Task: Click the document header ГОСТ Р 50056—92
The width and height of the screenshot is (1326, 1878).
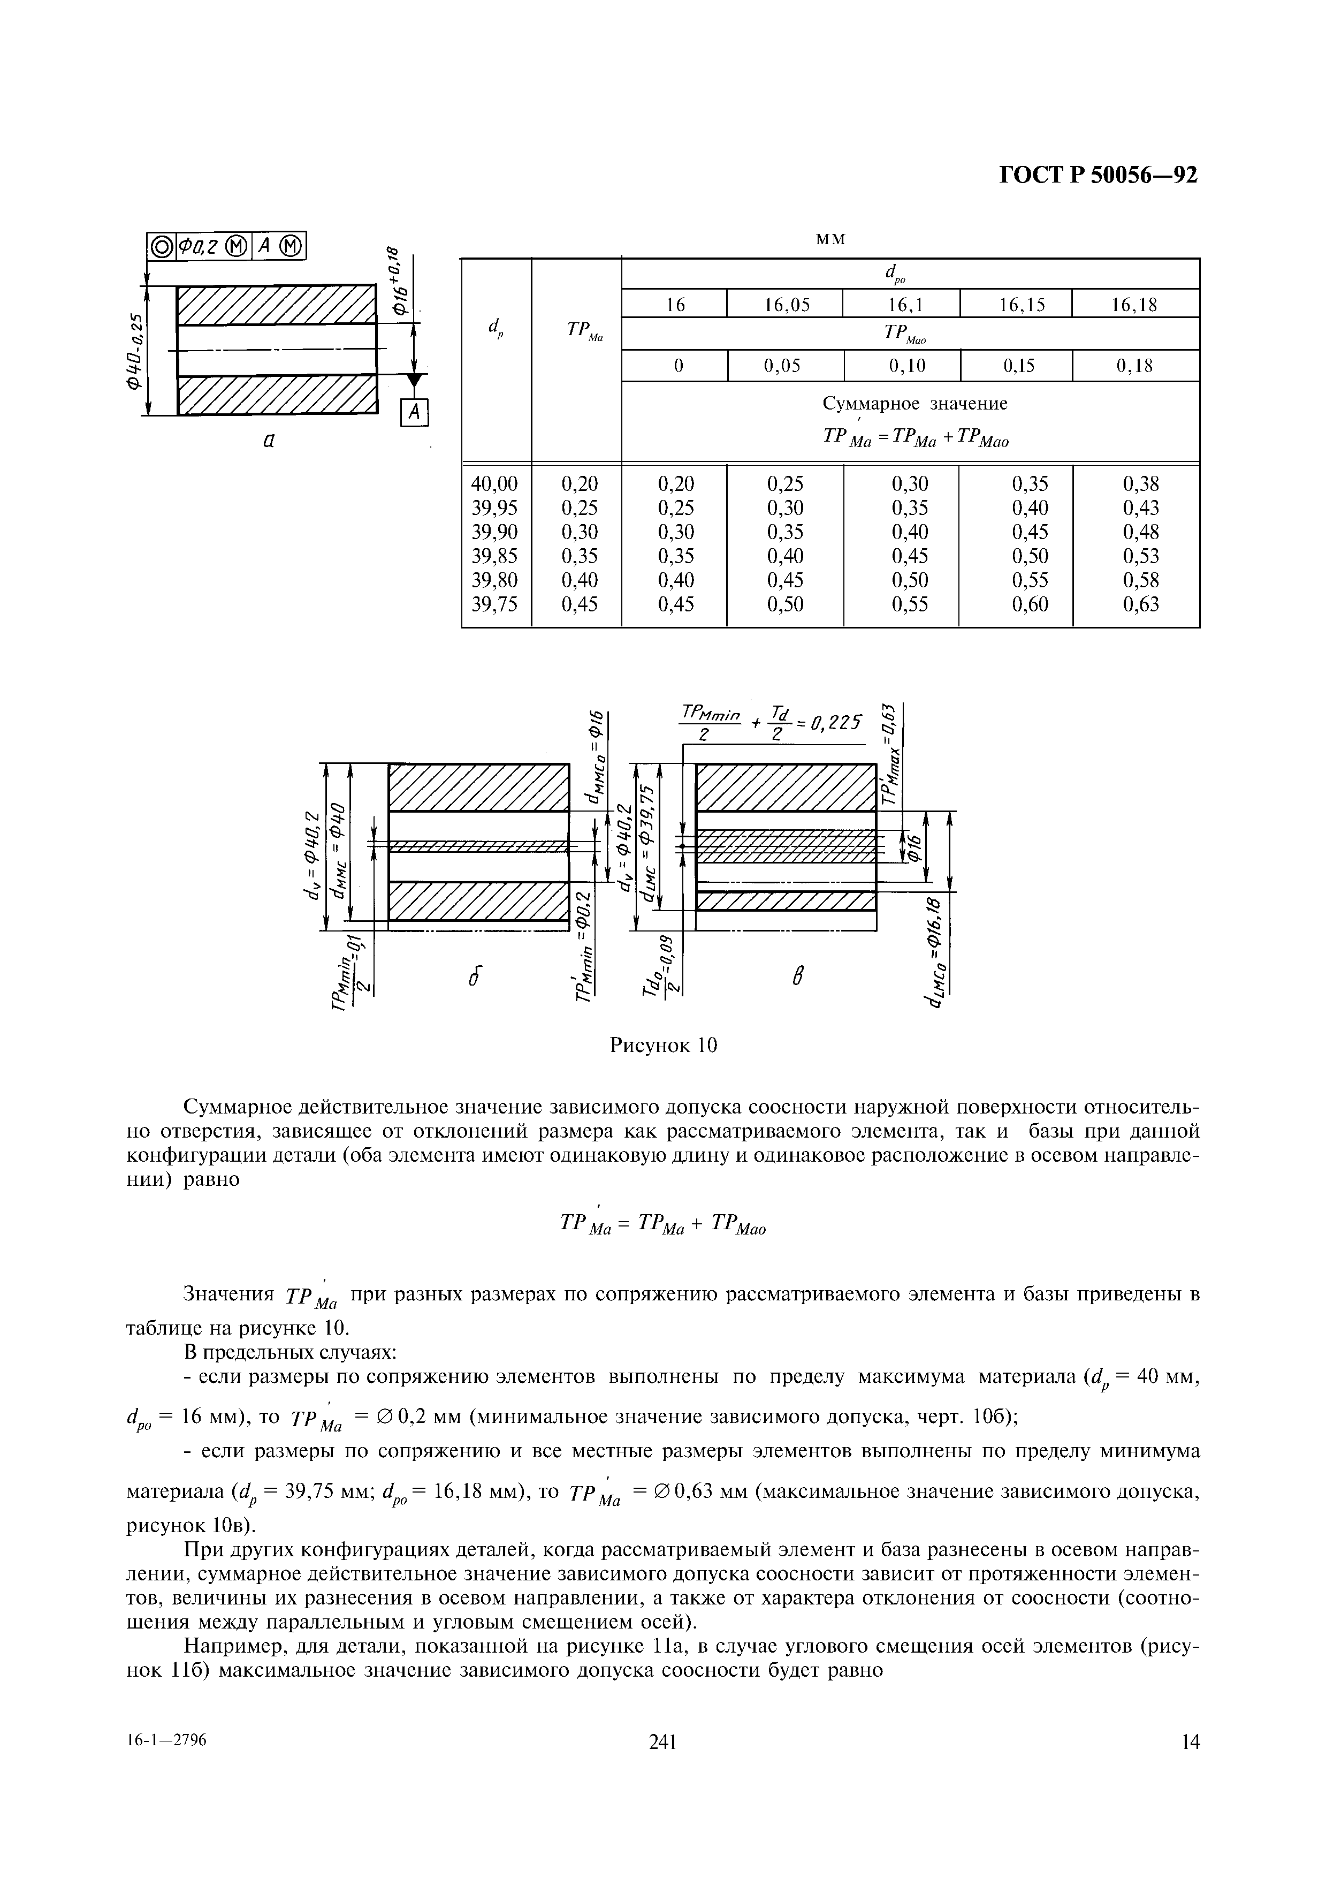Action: pyautogui.click(x=1098, y=176)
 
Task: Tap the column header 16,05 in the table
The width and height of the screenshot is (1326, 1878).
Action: pyautogui.click(x=787, y=305)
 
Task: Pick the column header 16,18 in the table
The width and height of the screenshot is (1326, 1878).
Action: pyautogui.click(x=1136, y=305)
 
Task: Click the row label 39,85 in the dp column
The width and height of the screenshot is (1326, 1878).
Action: pyautogui.click(x=496, y=556)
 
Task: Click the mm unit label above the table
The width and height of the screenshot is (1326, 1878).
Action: pyautogui.click(x=830, y=239)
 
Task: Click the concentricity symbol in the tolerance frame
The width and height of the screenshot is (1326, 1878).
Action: pyautogui.click(x=161, y=246)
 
